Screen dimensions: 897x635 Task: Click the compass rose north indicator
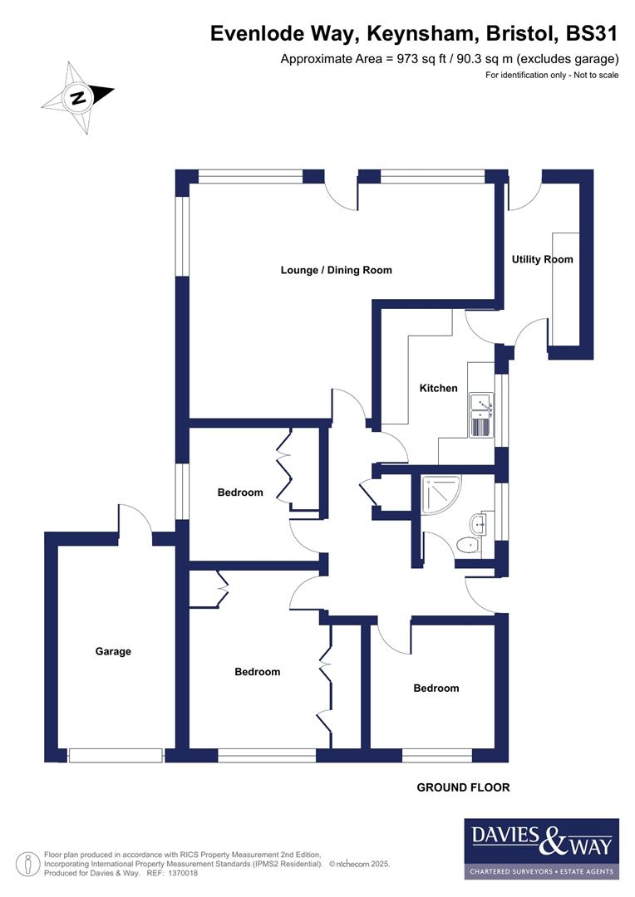click(77, 98)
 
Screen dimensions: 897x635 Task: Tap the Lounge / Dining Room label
click(336, 270)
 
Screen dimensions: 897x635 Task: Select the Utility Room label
click(542, 259)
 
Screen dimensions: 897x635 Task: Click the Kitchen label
click(438, 388)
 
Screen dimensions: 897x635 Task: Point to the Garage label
click(113, 651)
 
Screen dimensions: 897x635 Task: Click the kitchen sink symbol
click(481, 416)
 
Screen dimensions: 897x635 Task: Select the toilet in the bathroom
click(468, 545)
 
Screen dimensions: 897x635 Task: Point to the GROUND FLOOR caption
click(463, 787)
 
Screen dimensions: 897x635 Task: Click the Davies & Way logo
click(541, 848)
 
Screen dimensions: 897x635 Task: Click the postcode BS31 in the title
click(591, 33)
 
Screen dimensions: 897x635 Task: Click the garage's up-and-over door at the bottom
click(116, 754)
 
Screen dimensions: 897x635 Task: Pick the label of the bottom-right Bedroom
click(436, 688)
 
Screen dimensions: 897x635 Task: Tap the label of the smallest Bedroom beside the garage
click(240, 492)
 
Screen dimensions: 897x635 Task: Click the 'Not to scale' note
click(591, 76)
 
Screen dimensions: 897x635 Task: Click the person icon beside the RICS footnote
click(29, 863)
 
